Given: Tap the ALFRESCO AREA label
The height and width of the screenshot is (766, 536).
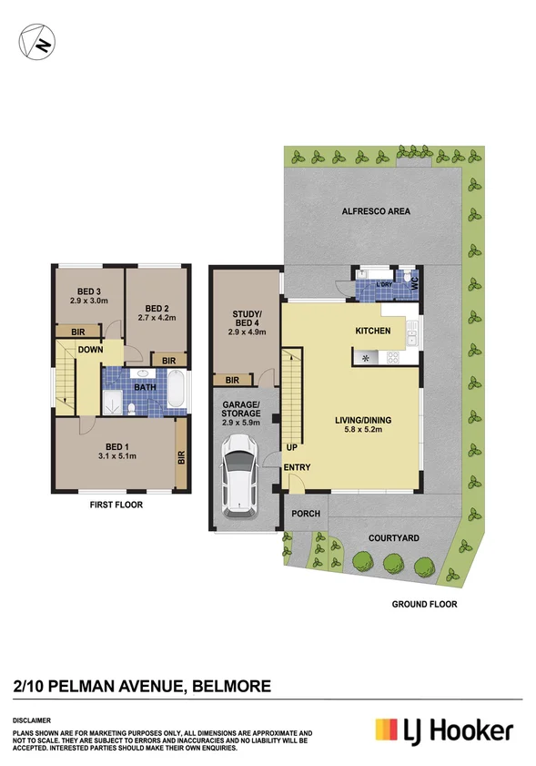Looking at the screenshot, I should pyautogui.click(x=375, y=211).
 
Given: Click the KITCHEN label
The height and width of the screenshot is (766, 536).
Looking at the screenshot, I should pyautogui.click(x=373, y=331).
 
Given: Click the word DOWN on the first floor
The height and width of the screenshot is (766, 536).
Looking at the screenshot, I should pyautogui.click(x=90, y=350).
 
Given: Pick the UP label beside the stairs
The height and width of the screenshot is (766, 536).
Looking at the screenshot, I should pyautogui.click(x=291, y=448).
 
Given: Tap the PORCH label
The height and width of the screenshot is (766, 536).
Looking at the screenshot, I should pyautogui.click(x=305, y=514).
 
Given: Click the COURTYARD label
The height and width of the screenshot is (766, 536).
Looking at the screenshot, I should pyautogui.click(x=393, y=538).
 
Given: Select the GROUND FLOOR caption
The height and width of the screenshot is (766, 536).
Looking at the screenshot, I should pyautogui.click(x=424, y=604).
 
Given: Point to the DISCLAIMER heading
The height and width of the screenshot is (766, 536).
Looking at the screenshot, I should pyautogui.click(x=32, y=719).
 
